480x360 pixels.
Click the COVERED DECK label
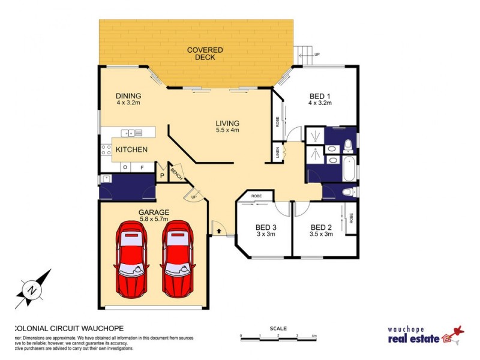tap(205, 53)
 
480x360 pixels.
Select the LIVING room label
tap(227, 126)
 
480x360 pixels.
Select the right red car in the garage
tap(178, 258)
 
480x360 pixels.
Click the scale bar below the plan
tap(278, 339)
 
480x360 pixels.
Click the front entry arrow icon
tap(219, 229)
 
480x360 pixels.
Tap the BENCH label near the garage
tap(176, 173)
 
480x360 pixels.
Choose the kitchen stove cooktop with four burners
tap(106, 149)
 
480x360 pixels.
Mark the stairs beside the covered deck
tap(305, 56)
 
